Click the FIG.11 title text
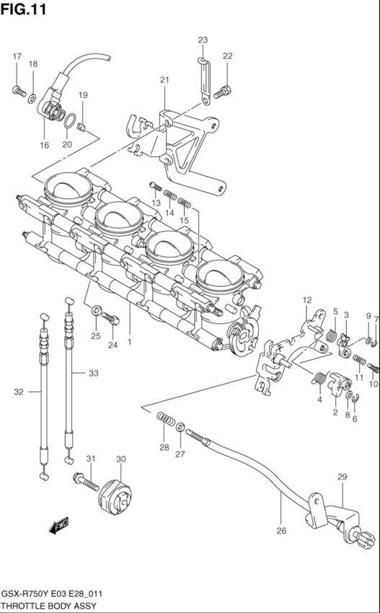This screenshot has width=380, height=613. (x=23, y=9)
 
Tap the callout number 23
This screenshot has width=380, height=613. (x=203, y=40)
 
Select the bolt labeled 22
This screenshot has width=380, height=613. (x=223, y=92)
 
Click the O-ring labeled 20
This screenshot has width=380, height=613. (x=70, y=121)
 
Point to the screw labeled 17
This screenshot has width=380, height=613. (x=19, y=91)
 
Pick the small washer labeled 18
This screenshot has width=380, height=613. (x=32, y=99)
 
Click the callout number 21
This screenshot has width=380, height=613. (x=164, y=80)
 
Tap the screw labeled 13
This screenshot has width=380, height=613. (x=156, y=186)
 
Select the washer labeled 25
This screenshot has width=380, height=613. (x=95, y=312)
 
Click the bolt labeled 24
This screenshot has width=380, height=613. (x=110, y=319)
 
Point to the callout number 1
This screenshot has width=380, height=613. (x=129, y=343)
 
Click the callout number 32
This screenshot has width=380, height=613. (x=19, y=392)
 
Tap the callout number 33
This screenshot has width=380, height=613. (x=94, y=374)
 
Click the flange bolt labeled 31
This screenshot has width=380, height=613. (x=86, y=482)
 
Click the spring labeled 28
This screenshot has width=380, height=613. (x=166, y=418)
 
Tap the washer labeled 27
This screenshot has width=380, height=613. (x=180, y=426)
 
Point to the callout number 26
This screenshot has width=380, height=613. (x=281, y=531)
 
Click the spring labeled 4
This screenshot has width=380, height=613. (x=320, y=379)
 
